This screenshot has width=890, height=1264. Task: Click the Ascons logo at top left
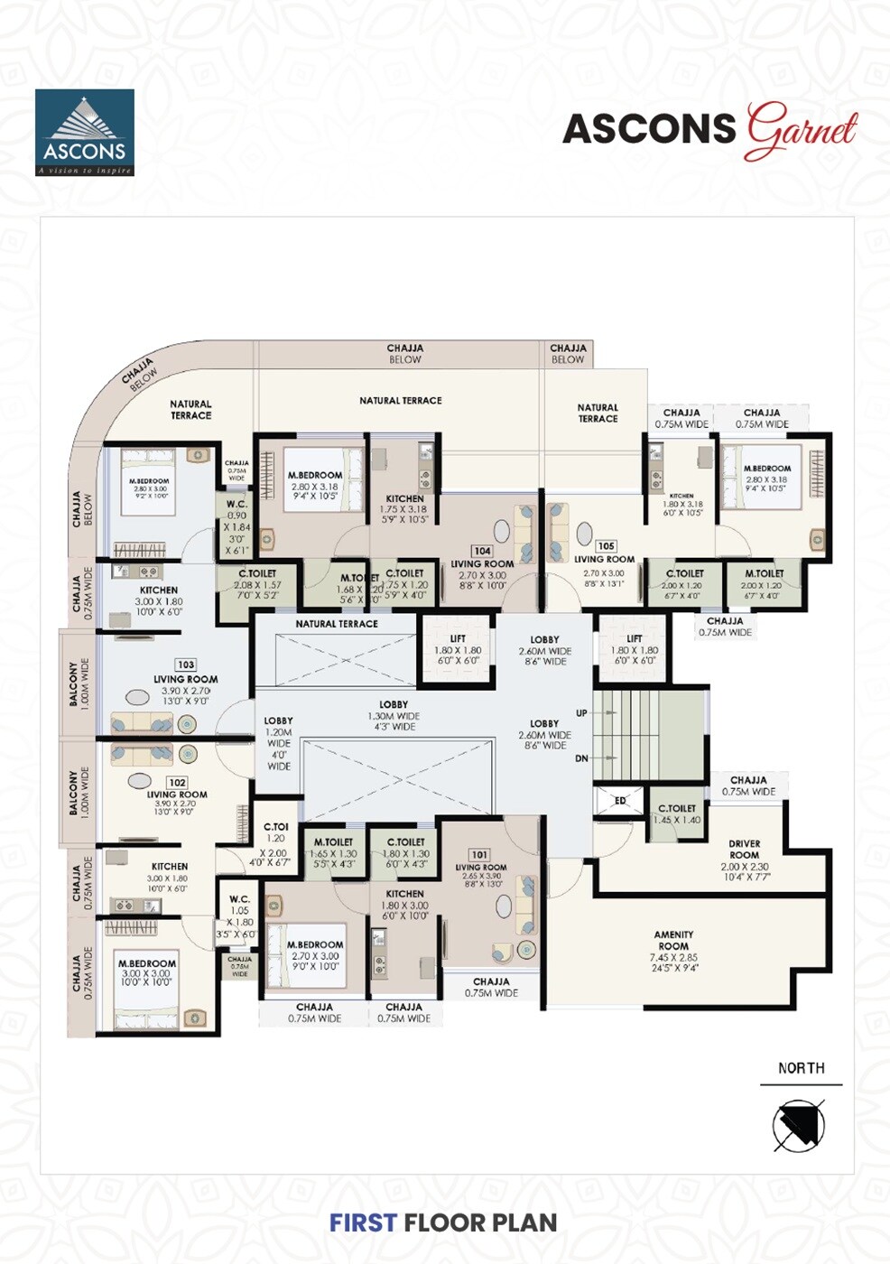85,133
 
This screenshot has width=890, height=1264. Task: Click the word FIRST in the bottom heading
363,1222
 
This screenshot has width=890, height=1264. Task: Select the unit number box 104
482,551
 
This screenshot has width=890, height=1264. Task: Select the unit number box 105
606,546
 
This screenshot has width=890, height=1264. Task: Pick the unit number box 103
186,665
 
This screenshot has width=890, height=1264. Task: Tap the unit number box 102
177,783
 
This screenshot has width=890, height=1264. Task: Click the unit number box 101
479,854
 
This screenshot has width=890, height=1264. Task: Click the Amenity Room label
673,940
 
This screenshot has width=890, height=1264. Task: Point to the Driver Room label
745,850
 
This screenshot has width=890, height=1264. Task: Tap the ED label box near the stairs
620,801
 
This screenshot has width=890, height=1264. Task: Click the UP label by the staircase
581,713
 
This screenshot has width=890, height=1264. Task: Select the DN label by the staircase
581,758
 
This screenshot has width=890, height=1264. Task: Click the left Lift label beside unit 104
458,639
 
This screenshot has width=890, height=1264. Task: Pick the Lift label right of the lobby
634,639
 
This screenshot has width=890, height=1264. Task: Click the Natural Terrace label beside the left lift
337,624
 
